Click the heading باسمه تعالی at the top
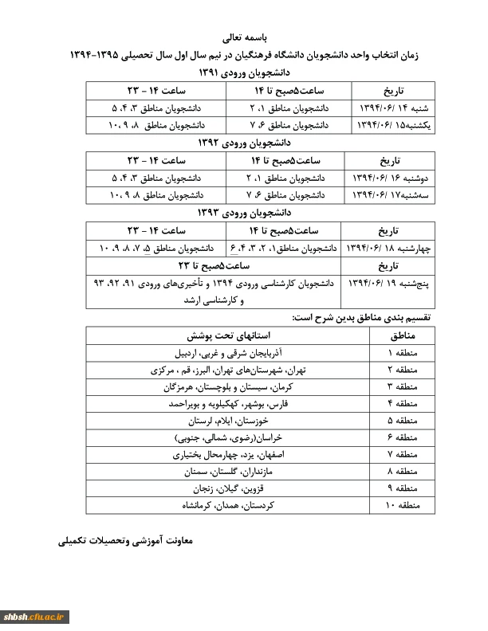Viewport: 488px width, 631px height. click(x=244, y=37)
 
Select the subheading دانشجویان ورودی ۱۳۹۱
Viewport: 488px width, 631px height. click(x=244, y=72)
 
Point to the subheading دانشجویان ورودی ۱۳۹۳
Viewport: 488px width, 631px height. click(x=244, y=213)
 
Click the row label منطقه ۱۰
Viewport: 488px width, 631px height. click(x=394, y=505)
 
